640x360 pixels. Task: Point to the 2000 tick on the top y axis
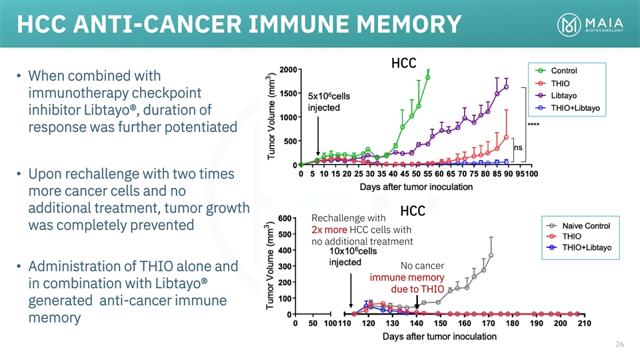pyautogui.click(x=289, y=69)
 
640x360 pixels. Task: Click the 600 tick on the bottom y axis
pyautogui.click(x=285, y=218)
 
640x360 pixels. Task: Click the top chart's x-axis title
pyautogui.click(x=416, y=187)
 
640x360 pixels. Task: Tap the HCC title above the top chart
pyautogui.click(x=404, y=63)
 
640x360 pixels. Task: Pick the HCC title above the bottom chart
pyautogui.click(x=413, y=211)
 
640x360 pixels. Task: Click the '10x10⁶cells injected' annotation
pyautogui.click(x=353, y=256)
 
